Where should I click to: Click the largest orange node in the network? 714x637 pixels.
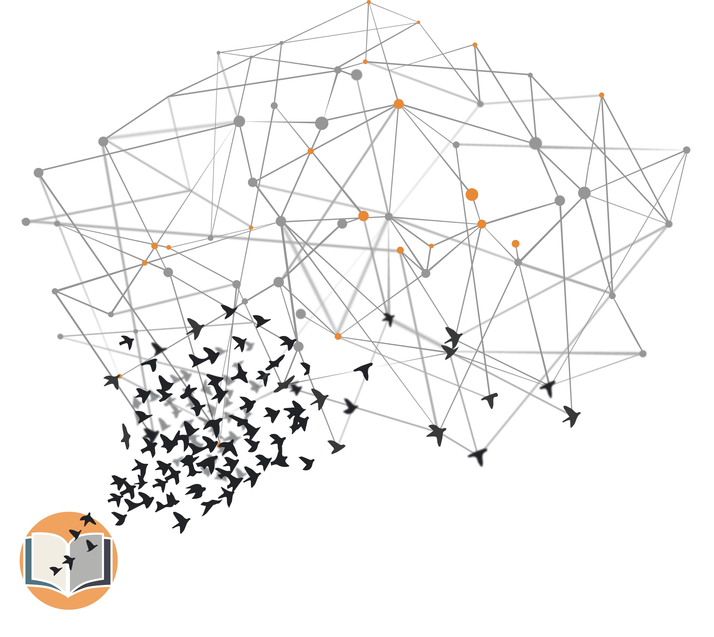[x=472, y=194]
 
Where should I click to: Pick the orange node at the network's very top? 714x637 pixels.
[x=369, y=2]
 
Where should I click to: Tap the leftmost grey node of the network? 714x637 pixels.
[x=26, y=221]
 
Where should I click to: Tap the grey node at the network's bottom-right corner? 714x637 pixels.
[x=643, y=354]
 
